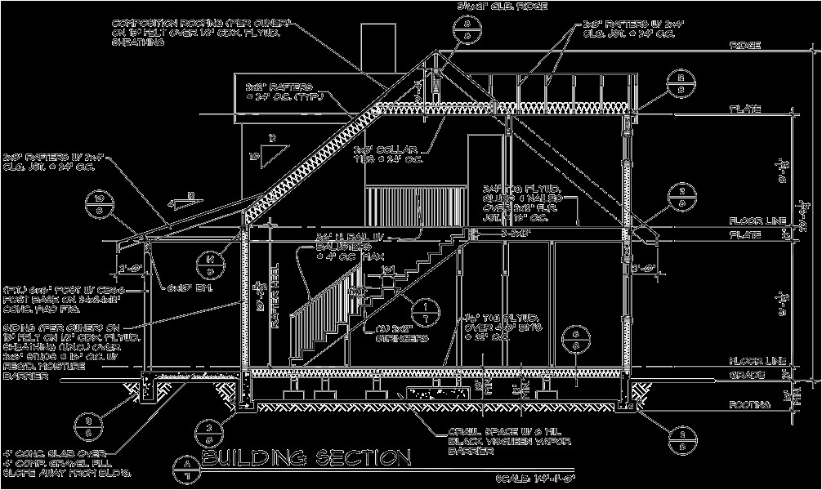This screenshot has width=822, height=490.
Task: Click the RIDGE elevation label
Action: click(x=745, y=45)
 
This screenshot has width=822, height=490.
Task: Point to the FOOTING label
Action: click(x=749, y=404)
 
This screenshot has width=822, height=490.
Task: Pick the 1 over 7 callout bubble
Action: click(x=425, y=310)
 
